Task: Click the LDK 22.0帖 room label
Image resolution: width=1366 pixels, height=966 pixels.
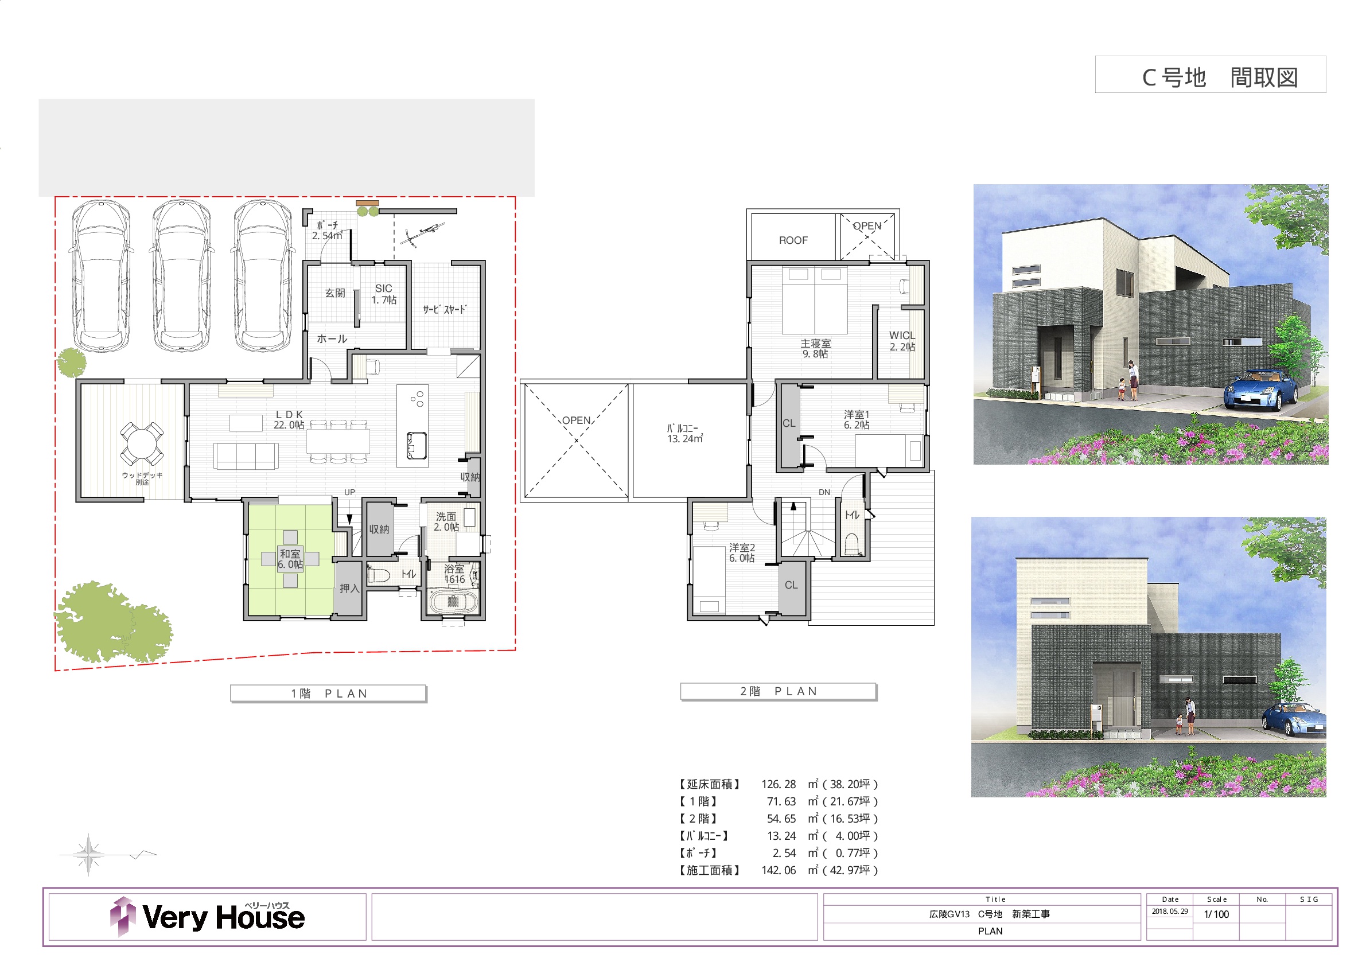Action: click(x=289, y=419)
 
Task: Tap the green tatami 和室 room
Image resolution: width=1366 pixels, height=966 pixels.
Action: click(x=291, y=560)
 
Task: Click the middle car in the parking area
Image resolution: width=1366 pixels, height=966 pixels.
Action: click(x=181, y=275)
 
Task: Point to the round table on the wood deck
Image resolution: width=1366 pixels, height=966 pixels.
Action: click(x=142, y=443)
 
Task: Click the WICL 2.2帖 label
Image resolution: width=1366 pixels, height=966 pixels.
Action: click(x=902, y=341)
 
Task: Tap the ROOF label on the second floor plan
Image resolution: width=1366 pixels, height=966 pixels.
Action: click(x=793, y=240)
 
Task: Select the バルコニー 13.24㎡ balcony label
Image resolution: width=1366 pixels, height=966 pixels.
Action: click(x=685, y=434)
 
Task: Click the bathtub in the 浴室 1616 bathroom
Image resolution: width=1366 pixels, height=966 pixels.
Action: click(x=453, y=601)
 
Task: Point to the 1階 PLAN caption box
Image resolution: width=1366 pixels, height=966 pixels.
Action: click(x=328, y=694)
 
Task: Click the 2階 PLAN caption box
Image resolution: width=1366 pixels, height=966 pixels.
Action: click(x=778, y=691)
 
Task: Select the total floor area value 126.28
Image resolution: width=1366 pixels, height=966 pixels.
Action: click(x=778, y=785)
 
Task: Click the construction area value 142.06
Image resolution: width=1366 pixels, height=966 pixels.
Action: click(x=778, y=870)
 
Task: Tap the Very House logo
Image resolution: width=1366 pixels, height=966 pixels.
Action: click(x=208, y=916)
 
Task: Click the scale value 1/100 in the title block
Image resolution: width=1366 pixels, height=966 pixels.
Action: click(x=1216, y=914)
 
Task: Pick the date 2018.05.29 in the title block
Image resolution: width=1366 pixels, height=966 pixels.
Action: click(x=1170, y=912)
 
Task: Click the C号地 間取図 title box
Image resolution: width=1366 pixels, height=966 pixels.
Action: click(x=1211, y=75)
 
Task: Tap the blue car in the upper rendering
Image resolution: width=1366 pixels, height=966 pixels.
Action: click(x=1260, y=389)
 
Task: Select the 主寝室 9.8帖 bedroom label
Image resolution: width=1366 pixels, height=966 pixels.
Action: click(x=815, y=349)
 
